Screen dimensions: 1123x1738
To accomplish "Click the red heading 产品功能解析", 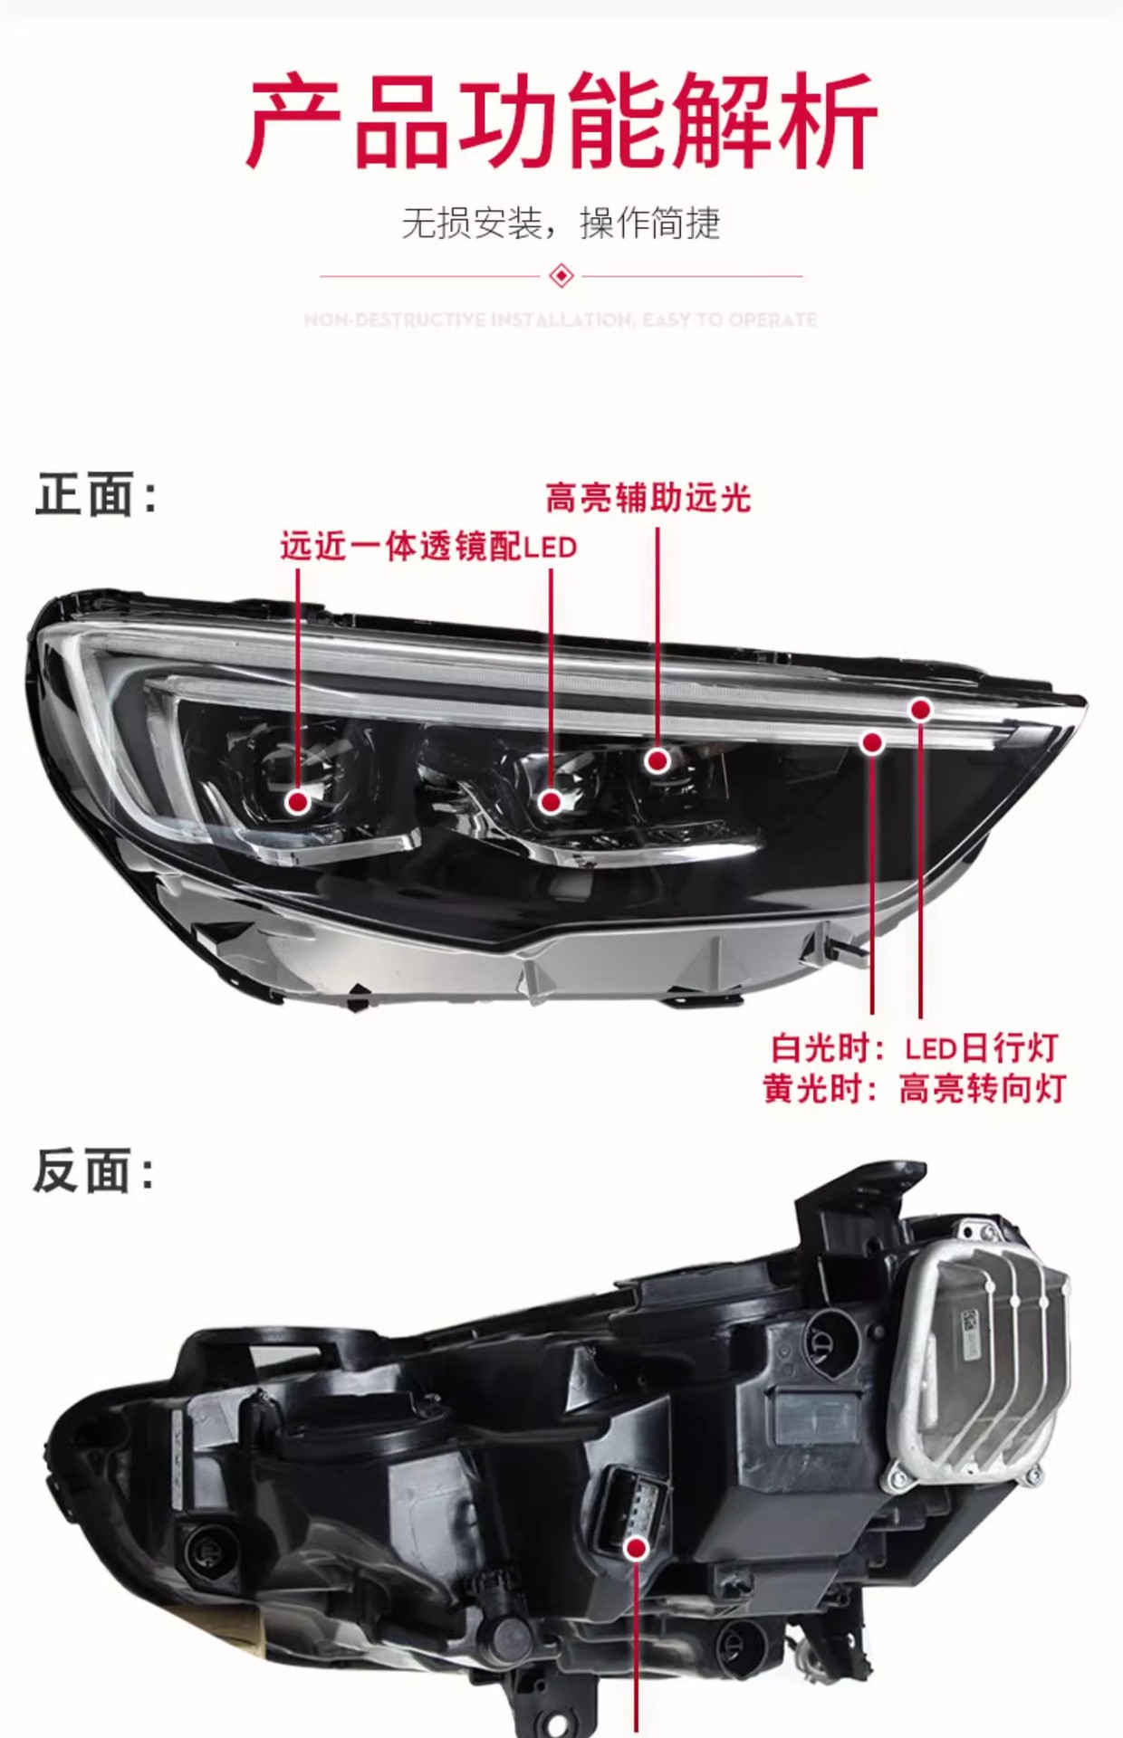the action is [x=561, y=122].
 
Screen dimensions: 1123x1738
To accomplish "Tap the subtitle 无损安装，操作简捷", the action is [x=561, y=224].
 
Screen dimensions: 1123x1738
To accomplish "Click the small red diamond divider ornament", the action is [x=561, y=275].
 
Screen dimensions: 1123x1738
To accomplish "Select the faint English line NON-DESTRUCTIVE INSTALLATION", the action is [x=561, y=320].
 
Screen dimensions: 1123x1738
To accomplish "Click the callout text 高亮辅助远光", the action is [x=648, y=497].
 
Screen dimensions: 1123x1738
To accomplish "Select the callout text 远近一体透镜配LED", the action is [x=428, y=547].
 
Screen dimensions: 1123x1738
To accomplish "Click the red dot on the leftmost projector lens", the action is [x=298, y=801].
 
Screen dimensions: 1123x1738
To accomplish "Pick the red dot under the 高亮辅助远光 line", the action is [x=657, y=760].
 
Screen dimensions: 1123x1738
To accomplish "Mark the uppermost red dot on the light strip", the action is [x=921, y=710].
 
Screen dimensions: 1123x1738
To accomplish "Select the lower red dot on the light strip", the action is [x=872, y=743].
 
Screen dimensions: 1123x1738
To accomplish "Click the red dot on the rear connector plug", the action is [x=637, y=1549].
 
